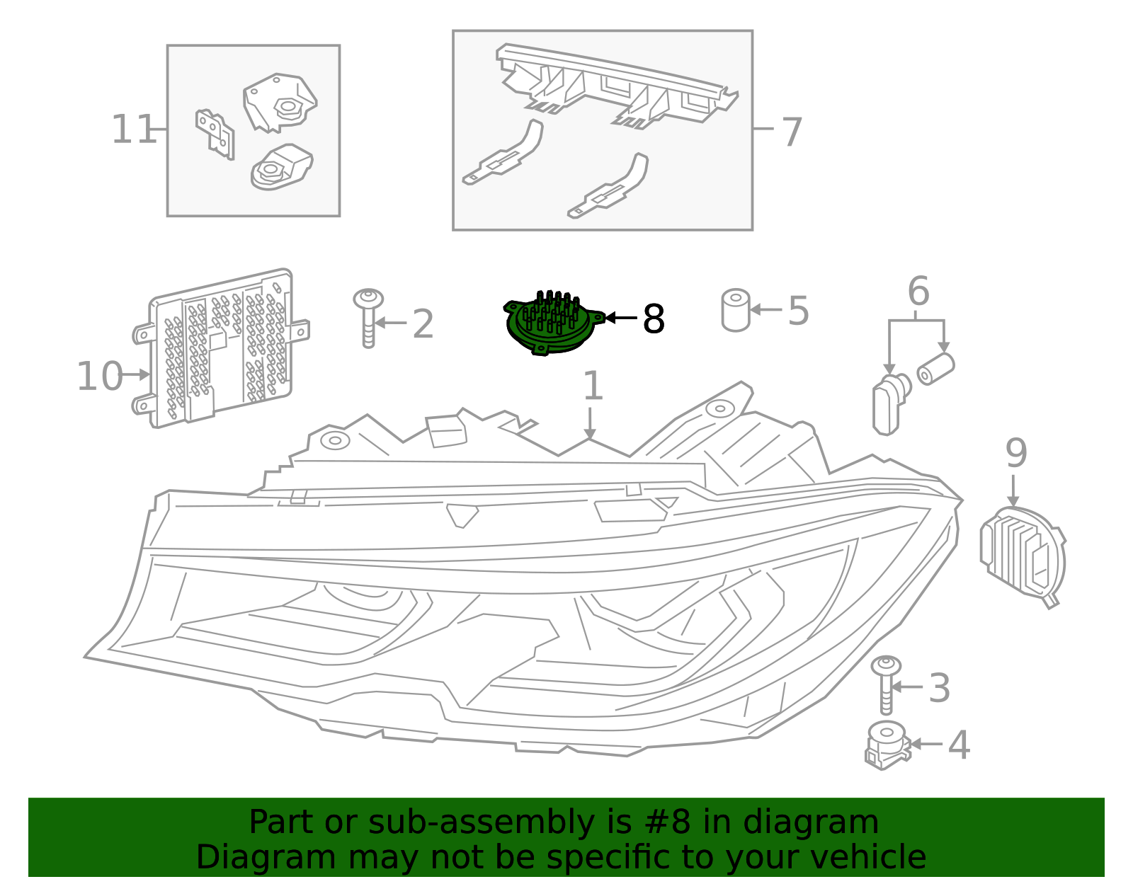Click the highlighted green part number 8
[x=552, y=324]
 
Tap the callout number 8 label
[x=653, y=319]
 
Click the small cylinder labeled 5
[x=736, y=310]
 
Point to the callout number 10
[x=100, y=376]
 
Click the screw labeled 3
[x=886, y=684]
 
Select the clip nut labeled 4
[x=886, y=746]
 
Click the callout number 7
[x=792, y=132]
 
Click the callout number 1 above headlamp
[x=592, y=386]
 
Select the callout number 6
[x=918, y=292]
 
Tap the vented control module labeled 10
[x=220, y=348]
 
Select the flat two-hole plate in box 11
[x=215, y=133]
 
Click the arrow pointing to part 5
[x=766, y=309]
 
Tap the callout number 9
[x=1015, y=453]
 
